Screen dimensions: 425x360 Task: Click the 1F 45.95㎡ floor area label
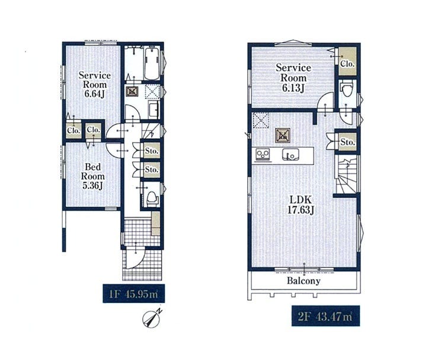click(133, 294)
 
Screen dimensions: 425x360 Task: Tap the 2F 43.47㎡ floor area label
click(325, 316)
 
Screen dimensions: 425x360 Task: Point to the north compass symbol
click(152, 318)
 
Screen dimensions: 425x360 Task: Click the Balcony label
click(303, 281)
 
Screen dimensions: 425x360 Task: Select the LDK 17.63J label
click(301, 205)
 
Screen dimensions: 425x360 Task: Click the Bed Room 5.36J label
click(93, 176)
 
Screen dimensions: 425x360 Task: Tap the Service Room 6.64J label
click(95, 84)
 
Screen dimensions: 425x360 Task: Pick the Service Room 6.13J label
click(293, 78)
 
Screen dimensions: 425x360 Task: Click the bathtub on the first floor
click(152, 63)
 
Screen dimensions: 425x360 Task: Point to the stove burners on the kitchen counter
click(263, 155)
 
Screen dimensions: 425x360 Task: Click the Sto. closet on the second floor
click(347, 141)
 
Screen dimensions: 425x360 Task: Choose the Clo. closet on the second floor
click(347, 61)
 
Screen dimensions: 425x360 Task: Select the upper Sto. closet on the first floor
click(152, 150)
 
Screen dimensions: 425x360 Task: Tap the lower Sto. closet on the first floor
click(152, 170)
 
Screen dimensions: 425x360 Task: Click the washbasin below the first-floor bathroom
click(154, 110)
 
